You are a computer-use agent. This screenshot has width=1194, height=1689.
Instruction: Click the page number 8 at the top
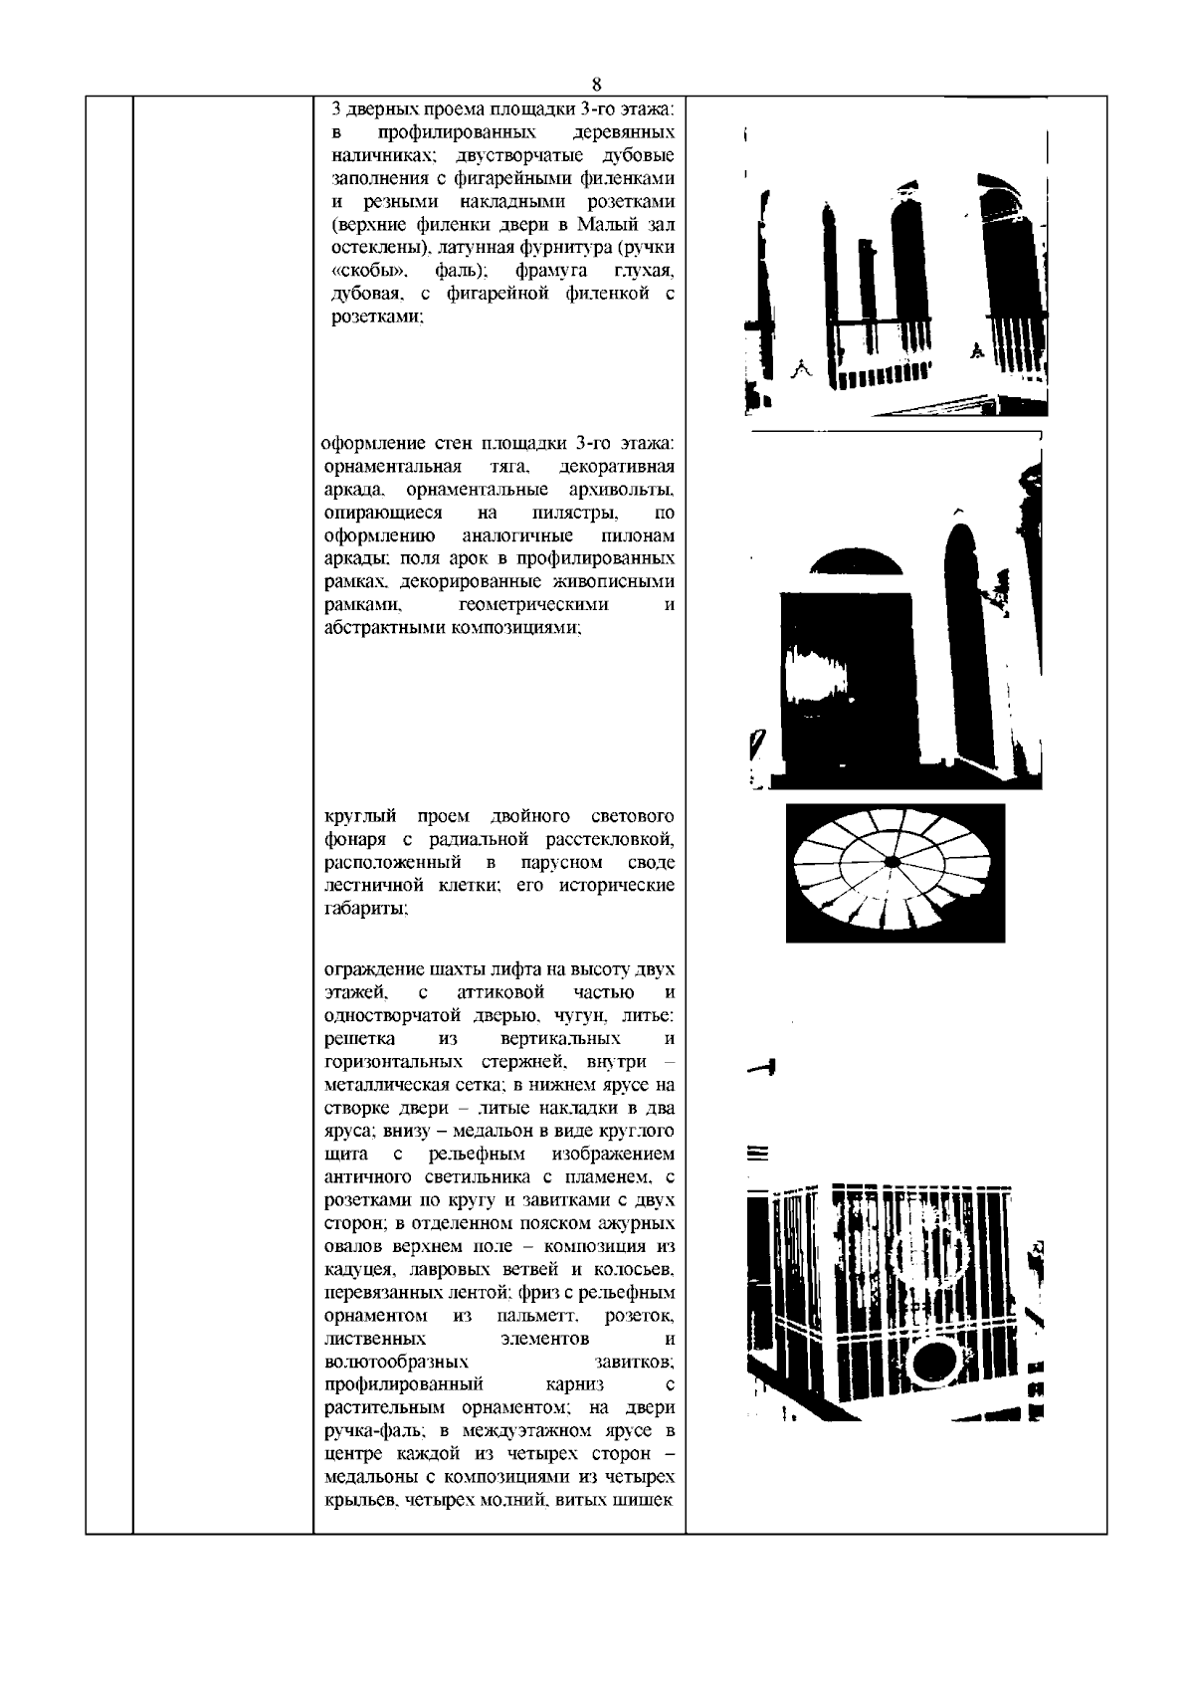point(596,84)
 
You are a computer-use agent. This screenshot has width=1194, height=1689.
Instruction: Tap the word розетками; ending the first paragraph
point(377,317)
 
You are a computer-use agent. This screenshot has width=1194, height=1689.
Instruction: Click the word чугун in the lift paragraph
point(571,1015)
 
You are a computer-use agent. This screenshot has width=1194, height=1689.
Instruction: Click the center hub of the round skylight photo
point(893,860)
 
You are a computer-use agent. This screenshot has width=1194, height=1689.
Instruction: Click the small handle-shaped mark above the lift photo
point(762,1068)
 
